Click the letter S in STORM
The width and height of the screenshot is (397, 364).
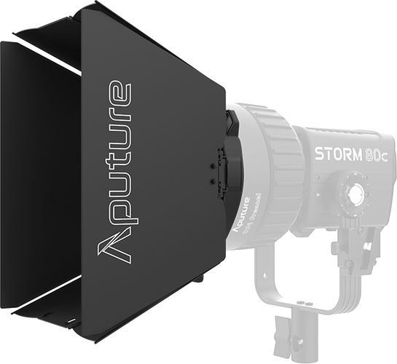pyautogui.click(x=319, y=154)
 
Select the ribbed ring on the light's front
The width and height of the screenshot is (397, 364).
pyautogui.click(x=273, y=167)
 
